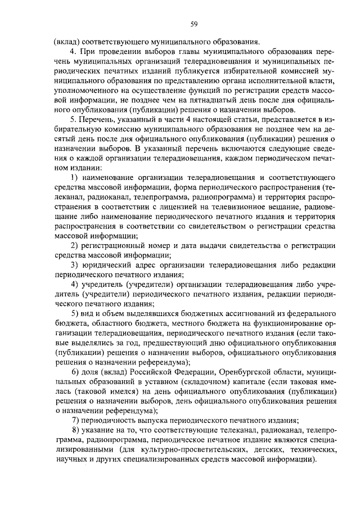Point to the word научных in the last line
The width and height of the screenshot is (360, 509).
click(x=70, y=460)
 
